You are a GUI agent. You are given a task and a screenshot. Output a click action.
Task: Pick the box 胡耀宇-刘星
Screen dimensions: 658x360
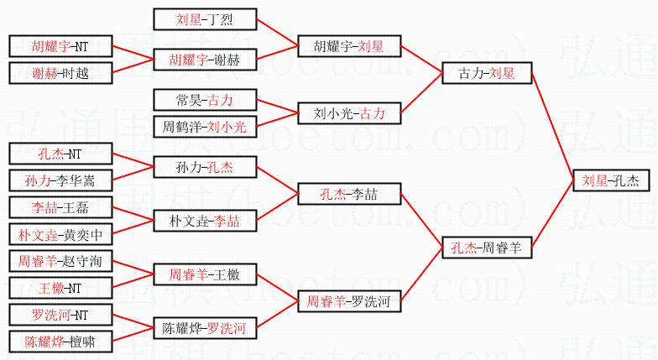pos(350,46)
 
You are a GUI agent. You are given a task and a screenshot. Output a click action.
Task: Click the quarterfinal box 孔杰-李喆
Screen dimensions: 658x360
pos(350,194)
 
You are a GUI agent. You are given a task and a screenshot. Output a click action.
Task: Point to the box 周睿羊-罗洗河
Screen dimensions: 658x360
pos(350,300)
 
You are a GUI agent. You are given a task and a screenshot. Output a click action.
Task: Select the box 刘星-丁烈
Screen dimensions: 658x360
pos(205,19)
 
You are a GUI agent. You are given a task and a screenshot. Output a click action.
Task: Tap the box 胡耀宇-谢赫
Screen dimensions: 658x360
pos(205,60)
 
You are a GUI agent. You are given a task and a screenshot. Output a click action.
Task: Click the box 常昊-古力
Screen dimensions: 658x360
pos(205,100)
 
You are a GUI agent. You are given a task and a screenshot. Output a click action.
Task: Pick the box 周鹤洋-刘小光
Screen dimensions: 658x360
pos(205,127)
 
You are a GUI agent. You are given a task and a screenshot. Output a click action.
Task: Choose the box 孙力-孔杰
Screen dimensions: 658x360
pos(205,167)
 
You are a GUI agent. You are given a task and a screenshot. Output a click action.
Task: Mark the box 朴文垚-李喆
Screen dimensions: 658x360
pos(205,221)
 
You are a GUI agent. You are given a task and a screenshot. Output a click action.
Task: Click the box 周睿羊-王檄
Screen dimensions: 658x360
pos(205,274)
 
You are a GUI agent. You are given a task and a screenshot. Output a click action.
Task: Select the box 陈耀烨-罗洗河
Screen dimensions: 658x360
pos(205,327)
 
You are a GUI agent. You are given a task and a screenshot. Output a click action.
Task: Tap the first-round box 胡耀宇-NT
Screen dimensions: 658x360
pos(60,46)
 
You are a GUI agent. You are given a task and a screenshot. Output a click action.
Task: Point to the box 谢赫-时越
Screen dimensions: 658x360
pos(60,73)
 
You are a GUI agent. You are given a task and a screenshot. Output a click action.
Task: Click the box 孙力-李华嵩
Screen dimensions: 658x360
pos(60,180)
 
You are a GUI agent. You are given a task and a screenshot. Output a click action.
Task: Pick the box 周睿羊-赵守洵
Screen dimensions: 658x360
pos(60,261)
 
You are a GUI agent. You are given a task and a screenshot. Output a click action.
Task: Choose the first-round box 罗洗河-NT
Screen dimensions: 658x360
pos(60,315)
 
